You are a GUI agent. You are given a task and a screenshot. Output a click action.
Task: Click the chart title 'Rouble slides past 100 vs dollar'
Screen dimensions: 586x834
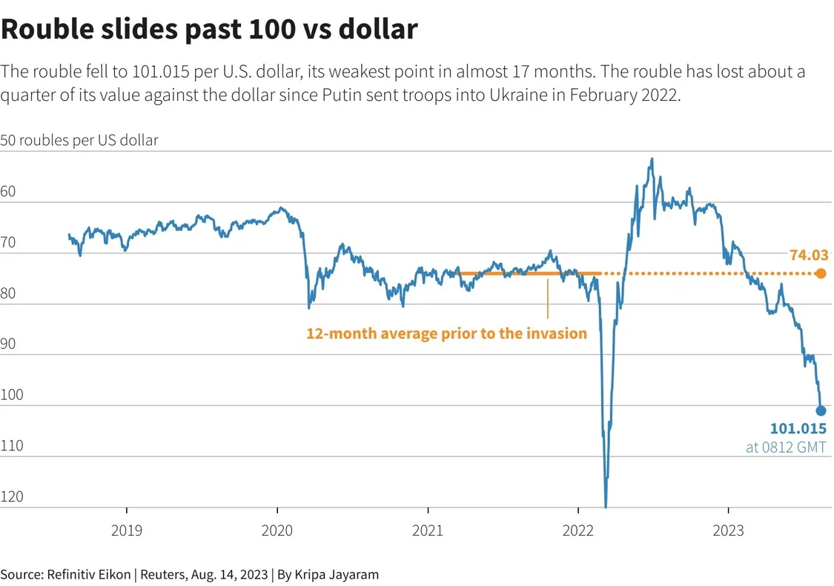pyautogui.click(x=209, y=30)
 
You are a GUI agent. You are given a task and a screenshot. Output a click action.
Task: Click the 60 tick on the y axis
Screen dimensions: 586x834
pyautogui.click(x=8, y=192)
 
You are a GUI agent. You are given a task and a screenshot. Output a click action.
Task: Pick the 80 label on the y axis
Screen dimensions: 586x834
pyautogui.click(x=8, y=293)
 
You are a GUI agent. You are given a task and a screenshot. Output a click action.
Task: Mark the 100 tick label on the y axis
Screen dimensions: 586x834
pyautogui.click(x=12, y=395)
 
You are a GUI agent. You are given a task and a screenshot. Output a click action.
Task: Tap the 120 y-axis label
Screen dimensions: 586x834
pyautogui.click(x=12, y=496)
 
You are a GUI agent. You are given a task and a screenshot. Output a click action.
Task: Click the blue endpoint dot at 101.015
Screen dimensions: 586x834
pyautogui.click(x=821, y=410)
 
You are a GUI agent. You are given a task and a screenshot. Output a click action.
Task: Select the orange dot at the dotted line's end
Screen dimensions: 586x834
pyautogui.click(x=821, y=273)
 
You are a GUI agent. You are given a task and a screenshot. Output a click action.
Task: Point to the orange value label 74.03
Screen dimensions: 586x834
pyautogui.click(x=808, y=256)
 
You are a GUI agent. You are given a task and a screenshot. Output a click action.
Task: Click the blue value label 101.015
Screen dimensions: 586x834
pyautogui.click(x=798, y=429)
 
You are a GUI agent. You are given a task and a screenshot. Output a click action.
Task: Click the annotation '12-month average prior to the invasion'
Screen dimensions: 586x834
pyautogui.click(x=446, y=333)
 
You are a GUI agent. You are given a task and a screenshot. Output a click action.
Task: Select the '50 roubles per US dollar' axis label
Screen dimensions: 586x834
pyautogui.click(x=79, y=140)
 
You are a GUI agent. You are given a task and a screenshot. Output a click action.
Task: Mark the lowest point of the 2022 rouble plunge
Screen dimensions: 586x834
pyautogui.click(x=606, y=507)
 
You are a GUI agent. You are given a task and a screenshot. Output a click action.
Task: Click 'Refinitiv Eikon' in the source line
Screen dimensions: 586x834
pyautogui.click(x=90, y=574)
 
